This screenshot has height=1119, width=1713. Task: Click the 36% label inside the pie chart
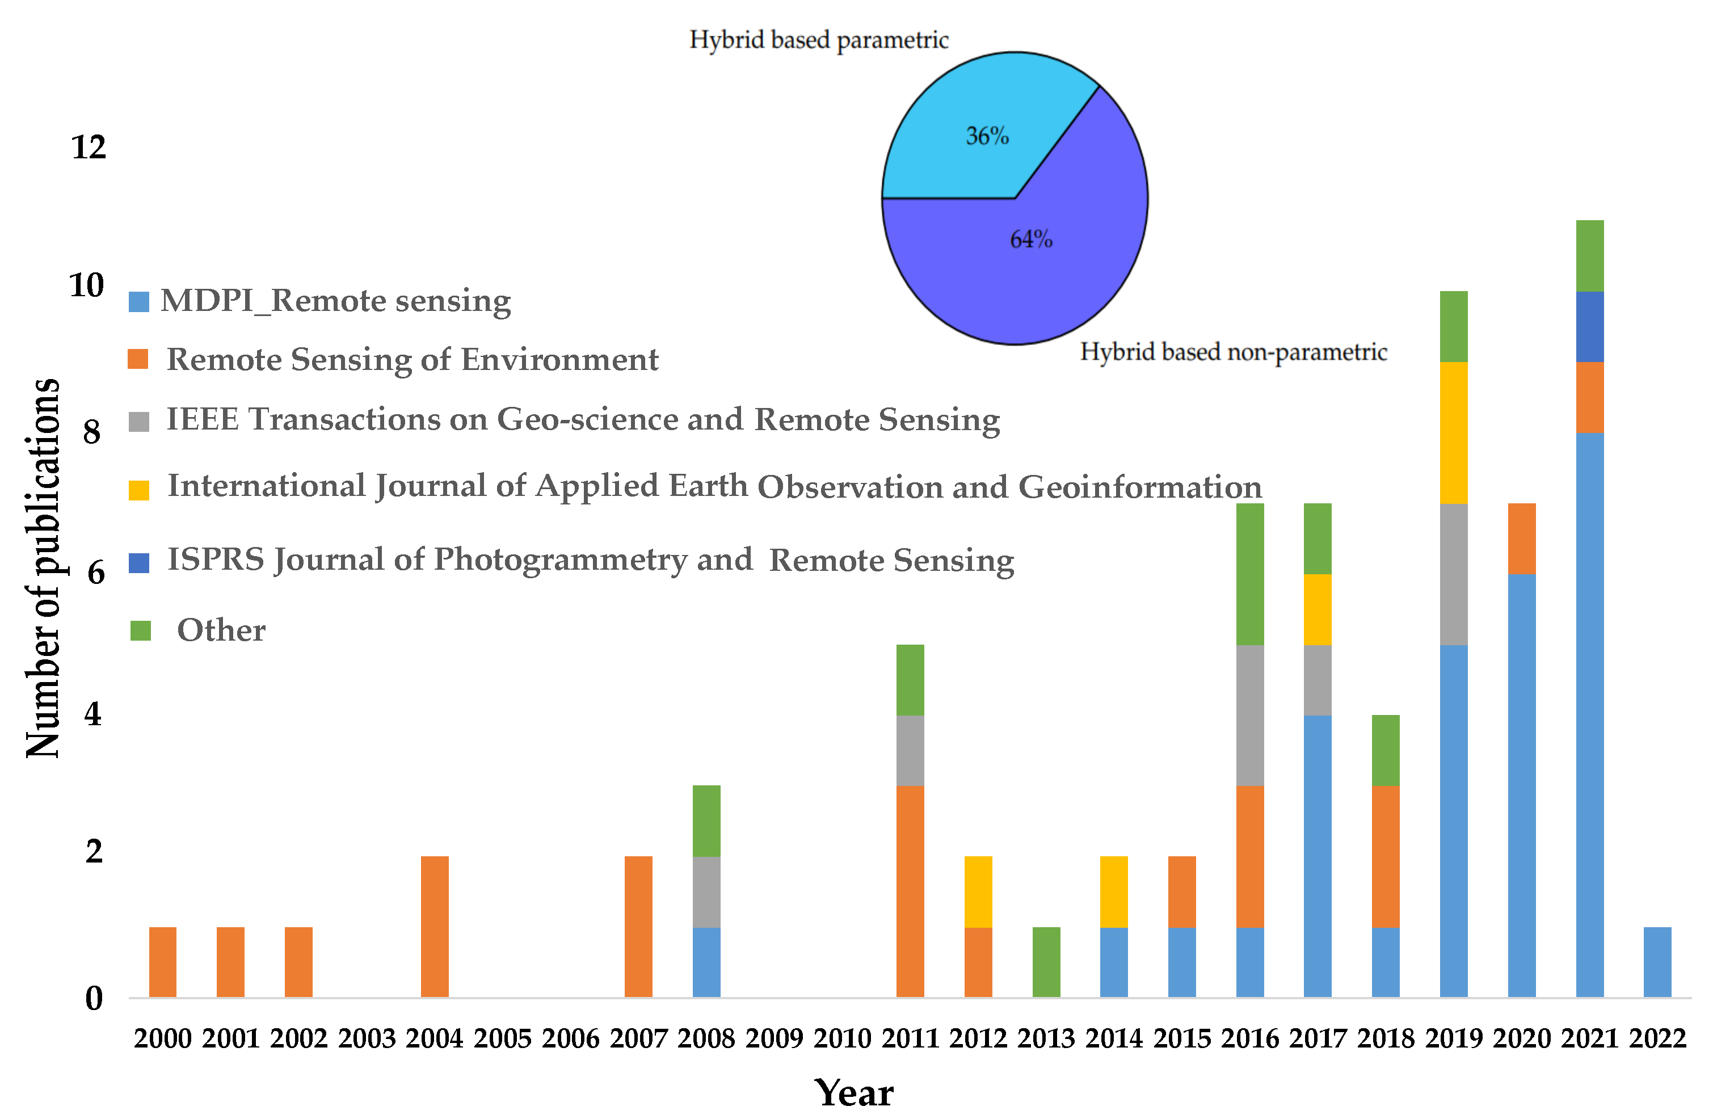click(x=987, y=136)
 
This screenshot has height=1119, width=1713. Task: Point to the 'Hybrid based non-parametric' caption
click(x=1233, y=352)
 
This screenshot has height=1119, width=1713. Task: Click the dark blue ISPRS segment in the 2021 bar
click(x=1589, y=327)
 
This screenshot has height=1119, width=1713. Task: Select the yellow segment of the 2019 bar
click(x=1453, y=432)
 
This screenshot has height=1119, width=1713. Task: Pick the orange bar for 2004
click(x=434, y=926)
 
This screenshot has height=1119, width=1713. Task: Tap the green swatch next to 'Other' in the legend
click(x=140, y=630)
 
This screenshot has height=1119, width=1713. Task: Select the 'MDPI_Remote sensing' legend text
click(x=335, y=301)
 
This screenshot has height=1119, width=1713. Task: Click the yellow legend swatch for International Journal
click(x=139, y=490)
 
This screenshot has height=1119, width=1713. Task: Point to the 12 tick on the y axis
click(x=89, y=148)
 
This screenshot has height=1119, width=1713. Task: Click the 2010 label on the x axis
click(x=841, y=1038)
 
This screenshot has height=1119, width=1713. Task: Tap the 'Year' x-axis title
click(x=855, y=1093)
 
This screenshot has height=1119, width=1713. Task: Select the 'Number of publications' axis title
click(x=43, y=568)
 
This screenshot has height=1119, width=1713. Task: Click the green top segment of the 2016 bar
click(x=1249, y=574)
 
